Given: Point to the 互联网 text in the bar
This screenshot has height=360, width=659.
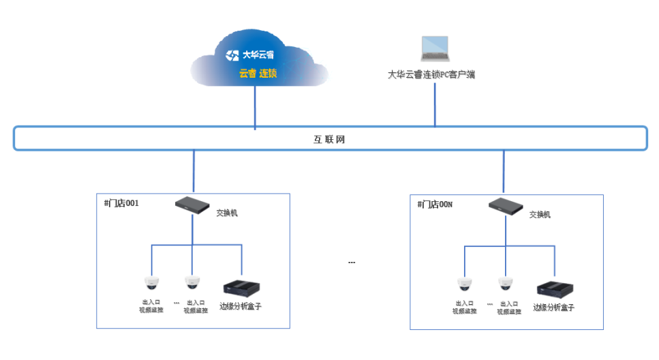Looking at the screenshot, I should (329, 140).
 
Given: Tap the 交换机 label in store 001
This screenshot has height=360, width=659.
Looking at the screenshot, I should (227, 213).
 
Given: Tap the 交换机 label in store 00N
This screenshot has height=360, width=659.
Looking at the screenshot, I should (540, 214).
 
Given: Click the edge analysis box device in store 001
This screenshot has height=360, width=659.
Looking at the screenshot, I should (242, 288).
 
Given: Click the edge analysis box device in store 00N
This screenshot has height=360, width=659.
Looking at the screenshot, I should (555, 289).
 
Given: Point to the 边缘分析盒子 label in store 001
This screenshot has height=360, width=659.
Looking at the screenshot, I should (241, 307).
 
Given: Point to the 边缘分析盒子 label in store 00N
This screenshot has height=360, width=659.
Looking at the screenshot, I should (553, 307).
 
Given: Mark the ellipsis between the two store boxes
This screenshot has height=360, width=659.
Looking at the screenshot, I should (352, 262).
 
